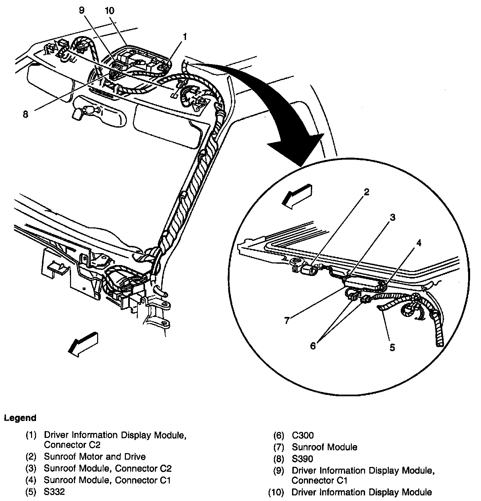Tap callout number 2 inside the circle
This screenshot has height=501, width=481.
click(x=366, y=192)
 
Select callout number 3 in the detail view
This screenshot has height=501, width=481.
click(x=392, y=217)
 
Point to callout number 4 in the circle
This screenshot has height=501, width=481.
click(x=419, y=243)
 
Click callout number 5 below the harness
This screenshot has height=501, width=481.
click(x=392, y=347)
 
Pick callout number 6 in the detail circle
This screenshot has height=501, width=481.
click(x=313, y=346)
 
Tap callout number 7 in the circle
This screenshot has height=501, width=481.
click(x=287, y=320)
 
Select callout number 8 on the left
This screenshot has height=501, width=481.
click(x=25, y=114)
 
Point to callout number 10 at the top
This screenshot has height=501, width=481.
click(x=109, y=11)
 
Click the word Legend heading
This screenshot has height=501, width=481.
click(x=20, y=418)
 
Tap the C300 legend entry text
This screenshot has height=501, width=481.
click(x=303, y=436)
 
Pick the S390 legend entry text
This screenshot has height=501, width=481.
click(x=302, y=459)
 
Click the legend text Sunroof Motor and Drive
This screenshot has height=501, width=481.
click(x=94, y=457)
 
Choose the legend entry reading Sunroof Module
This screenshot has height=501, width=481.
click(x=324, y=447)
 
